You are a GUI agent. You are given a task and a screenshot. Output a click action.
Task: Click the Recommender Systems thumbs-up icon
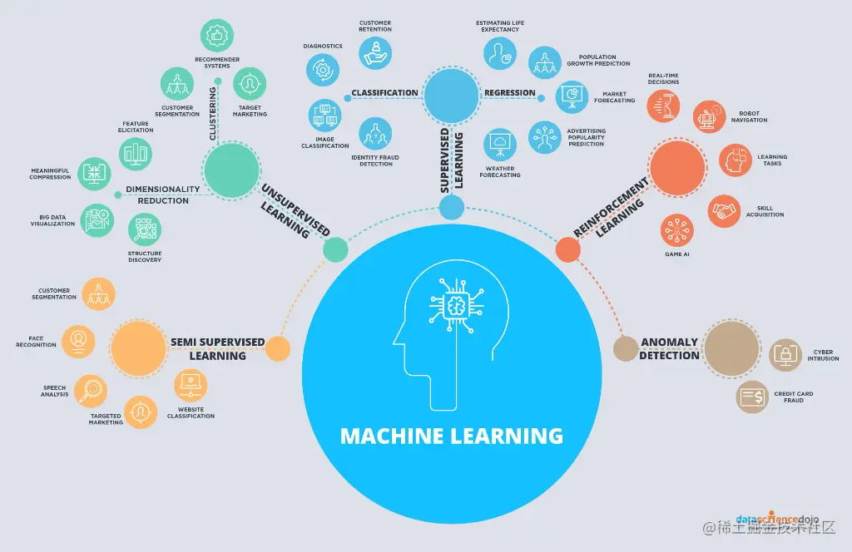pyautogui.click(x=217, y=37)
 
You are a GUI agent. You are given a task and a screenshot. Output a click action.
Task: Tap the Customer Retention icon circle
pyautogui.click(x=375, y=52)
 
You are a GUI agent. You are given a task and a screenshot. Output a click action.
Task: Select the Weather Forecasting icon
pyautogui.click(x=501, y=144)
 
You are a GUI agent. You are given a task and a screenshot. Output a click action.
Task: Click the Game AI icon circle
pyautogui.click(x=676, y=229)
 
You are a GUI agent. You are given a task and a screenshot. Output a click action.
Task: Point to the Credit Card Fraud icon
pyautogui.click(x=752, y=397)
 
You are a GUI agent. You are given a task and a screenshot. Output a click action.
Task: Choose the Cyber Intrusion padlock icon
pyautogui.click(x=785, y=355)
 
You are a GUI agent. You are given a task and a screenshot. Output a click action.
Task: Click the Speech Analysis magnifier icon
pyautogui.click(x=90, y=390)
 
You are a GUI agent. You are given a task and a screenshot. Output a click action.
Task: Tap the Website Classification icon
pyautogui.click(x=191, y=385)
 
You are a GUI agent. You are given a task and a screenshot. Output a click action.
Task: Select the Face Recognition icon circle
pyautogui.click(x=78, y=339)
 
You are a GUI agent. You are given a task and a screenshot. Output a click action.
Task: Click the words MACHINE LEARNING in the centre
pyautogui.click(x=452, y=436)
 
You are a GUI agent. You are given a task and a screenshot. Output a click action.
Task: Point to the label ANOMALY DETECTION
pyautogui.click(x=669, y=349)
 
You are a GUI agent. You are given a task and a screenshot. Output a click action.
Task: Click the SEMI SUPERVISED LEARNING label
pyautogui.click(x=217, y=348)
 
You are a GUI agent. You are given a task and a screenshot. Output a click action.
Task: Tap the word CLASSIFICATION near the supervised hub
pyautogui.click(x=384, y=93)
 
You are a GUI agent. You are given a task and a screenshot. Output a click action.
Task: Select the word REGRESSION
pyautogui.click(x=510, y=93)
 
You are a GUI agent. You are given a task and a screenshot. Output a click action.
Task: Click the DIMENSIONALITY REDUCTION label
pyautogui.click(x=163, y=195)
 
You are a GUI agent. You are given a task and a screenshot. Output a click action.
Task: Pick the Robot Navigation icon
pyautogui.click(x=709, y=117)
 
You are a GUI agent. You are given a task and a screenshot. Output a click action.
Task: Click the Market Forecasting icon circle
pyautogui.click(x=572, y=97)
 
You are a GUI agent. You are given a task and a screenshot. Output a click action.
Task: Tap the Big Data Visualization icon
pyautogui.click(x=97, y=220)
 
